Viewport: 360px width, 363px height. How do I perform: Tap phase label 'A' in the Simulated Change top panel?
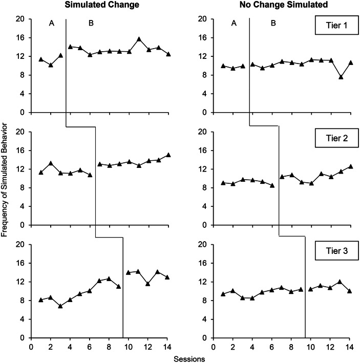[x=51, y=24]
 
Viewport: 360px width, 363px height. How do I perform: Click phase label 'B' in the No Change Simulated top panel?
[x=273, y=24]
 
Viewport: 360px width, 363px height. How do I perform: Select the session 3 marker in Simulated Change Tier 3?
[x=60, y=306]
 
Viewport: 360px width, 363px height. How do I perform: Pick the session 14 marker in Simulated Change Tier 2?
[x=168, y=155]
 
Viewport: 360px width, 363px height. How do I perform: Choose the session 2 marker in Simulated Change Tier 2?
[x=51, y=163]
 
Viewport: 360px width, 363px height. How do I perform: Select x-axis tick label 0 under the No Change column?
[x=214, y=346]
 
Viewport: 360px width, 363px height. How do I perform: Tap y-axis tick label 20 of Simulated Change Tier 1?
[x=20, y=19]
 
